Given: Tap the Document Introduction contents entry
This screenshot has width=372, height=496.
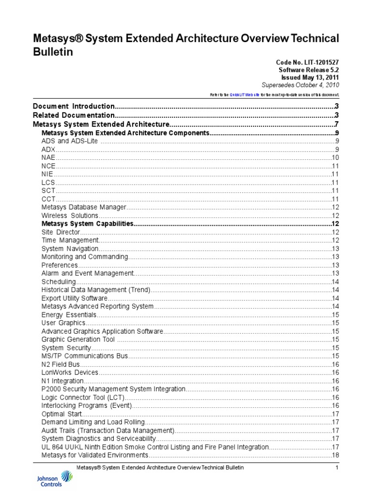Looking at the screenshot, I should point(74,106).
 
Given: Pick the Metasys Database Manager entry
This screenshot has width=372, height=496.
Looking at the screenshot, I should point(84,207).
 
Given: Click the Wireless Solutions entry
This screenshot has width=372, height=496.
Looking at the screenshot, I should point(70,216).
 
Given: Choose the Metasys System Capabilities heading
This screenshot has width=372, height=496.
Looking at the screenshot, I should point(87,224).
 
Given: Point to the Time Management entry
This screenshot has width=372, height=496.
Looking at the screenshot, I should point(70,240).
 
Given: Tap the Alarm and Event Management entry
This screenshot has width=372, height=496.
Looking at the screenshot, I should point(87,273).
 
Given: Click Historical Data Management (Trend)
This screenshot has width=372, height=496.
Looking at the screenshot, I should point(96,290).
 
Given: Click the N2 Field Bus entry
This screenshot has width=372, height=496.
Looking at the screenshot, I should point(61,364).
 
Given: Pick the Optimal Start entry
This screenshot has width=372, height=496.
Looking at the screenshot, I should point(62,414).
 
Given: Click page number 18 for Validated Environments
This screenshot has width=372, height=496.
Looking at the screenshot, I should point(335,455).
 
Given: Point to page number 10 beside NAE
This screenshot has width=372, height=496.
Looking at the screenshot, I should point(335,157).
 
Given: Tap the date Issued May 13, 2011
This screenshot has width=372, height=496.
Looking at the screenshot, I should point(310,77).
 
